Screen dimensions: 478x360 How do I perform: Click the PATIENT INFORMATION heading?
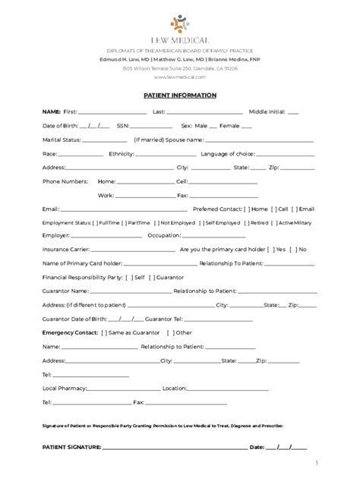pos(180,96)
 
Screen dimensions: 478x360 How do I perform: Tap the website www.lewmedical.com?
pos(180,77)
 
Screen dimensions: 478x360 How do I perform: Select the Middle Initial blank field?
pos(293,112)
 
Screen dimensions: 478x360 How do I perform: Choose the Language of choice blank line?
pos(291,154)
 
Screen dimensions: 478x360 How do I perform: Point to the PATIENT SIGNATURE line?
pos(174,447)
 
